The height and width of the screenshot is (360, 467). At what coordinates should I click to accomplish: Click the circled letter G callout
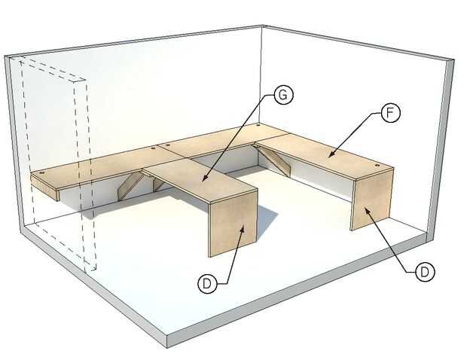283,95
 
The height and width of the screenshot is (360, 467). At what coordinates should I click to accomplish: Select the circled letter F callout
390,113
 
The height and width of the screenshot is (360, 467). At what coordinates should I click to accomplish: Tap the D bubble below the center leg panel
207,283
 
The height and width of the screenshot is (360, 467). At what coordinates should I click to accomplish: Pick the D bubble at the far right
425,272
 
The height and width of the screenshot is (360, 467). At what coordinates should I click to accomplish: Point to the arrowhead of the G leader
204,178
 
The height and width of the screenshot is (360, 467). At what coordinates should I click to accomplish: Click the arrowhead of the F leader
330,154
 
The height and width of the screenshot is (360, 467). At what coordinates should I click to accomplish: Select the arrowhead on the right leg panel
367,210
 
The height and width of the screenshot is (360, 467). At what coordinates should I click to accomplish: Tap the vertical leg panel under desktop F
371,200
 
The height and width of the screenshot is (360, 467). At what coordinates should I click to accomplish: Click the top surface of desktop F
325,156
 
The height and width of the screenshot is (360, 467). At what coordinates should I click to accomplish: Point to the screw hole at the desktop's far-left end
41,172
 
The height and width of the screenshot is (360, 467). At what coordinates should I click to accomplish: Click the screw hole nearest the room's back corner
258,126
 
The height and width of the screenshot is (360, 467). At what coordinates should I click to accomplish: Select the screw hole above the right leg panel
377,165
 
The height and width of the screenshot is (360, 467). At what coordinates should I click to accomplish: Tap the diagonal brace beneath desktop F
274,160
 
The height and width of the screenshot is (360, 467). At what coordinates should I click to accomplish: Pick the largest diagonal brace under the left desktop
130,186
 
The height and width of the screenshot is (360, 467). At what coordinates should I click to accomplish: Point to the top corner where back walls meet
262,26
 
